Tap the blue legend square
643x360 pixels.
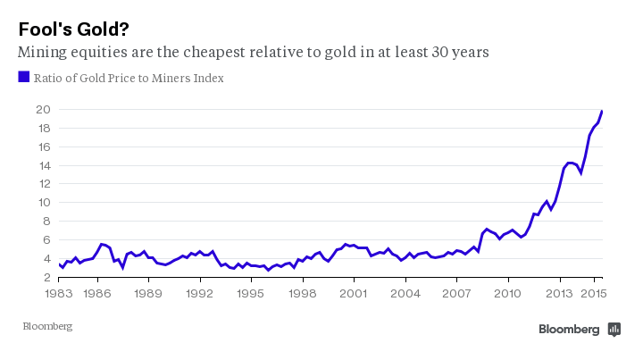(24, 77)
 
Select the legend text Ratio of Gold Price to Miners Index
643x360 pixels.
(129, 78)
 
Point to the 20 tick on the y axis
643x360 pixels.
(42, 110)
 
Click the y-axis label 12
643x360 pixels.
(42, 184)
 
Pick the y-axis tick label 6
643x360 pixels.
(45, 240)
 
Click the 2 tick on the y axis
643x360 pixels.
(45, 278)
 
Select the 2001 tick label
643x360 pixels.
(355, 292)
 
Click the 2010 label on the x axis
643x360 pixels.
(508, 292)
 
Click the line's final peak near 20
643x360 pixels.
(602, 111)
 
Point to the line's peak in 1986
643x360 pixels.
(103, 244)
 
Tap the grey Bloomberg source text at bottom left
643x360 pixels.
(47, 327)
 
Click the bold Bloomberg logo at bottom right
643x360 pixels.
(569, 330)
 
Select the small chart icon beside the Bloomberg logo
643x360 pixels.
(614, 330)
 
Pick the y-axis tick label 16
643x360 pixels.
(42, 147)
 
